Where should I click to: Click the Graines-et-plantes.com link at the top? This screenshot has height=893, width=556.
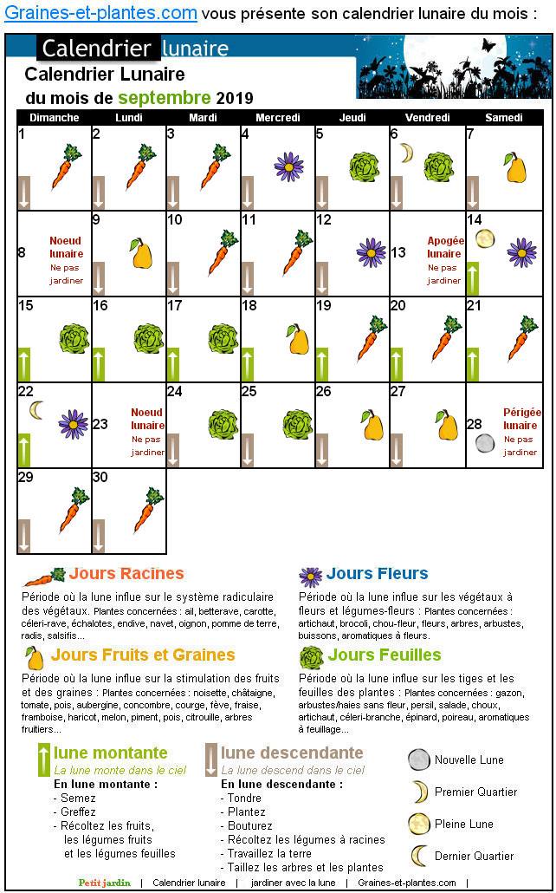pyautogui.click(x=100, y=13)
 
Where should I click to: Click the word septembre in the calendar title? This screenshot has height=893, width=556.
pyautogui.click(x=165, y=98)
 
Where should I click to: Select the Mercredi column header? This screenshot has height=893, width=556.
pyautogui.click(x=278, y=118)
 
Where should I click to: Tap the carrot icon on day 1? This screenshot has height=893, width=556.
pyautogui.click(x=66, y=166)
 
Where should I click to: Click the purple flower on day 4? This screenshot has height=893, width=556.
pyautogui.click(x=288, y=166)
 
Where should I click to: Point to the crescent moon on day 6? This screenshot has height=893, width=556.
pyautogui.click(x=405, y=153)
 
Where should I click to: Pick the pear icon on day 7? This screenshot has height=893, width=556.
pyautogui.click(x=515, y=167)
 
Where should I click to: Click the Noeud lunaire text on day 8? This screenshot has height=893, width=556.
pyautogui.click(x=66, y=247)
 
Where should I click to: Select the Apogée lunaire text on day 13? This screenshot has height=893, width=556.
pyautogui.click(x=446, y=247)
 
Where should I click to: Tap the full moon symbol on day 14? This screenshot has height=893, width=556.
pyautogui.click(x=485, y=238)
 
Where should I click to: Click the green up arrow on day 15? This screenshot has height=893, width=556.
pyautogui.click(x=24, y=364)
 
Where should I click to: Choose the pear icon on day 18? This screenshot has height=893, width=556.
pyautogui.click(x=298, y=339)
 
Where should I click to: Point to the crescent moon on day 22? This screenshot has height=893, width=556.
pyautogui.click(x=36, y=410)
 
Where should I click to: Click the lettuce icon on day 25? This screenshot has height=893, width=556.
pyautogui.click(x=298, y=424)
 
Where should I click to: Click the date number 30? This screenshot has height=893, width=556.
pyautogui.click(x=100, y=477)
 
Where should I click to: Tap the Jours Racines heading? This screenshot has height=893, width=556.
pyautogui.click(x=126, y=573)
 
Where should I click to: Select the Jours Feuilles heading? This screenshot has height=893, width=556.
pyautogui.click(x=385, y=655)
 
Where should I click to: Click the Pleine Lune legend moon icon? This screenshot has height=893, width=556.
pyautogui.click(x=418, y=824)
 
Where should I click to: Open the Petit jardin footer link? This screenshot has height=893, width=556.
pyautogui.click(x=104, y=883)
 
